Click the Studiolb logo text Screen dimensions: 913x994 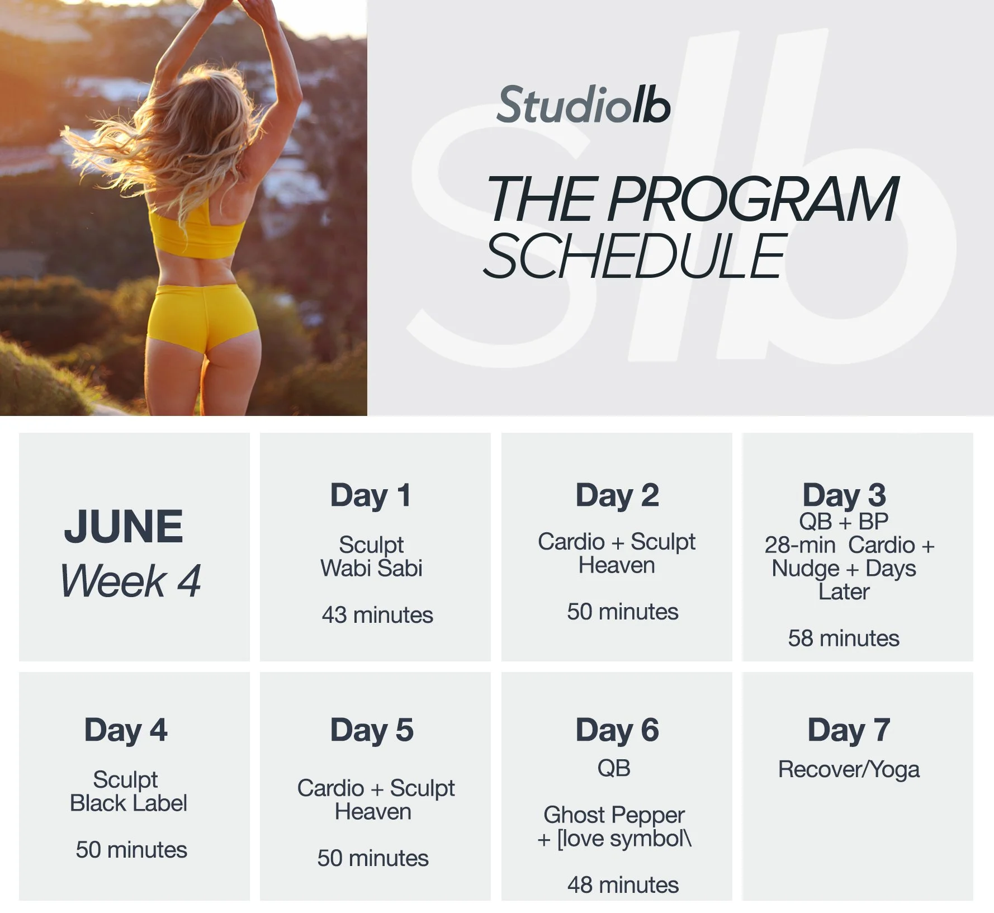(x=583, y=105)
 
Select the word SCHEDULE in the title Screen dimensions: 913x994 (x=635, y=257)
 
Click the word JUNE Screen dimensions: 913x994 (x=124, y=526)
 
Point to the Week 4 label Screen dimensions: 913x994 (x=130, y=581)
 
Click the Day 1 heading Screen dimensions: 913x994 (x=371, y=495)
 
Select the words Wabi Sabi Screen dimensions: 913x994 (x=371, y=569)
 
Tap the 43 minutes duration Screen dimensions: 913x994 (x=377, y=615)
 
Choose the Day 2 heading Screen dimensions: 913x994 (x=617, y=495)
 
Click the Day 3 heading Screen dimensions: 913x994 (x=844, y=495)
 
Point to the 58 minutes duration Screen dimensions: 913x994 (x=844, y=638)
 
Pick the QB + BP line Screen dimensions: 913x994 (x=844, y=522)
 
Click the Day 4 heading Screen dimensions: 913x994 (x=126, y=730)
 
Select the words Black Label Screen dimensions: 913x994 (x=129, y=803)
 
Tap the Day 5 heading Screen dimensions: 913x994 (x=372, y=730)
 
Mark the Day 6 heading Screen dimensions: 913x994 (x=617, y=730)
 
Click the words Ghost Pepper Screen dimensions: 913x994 (x=614, y=815)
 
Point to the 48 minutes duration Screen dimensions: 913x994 (x=623, y=885)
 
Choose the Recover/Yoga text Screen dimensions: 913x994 (x=849, y=770)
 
